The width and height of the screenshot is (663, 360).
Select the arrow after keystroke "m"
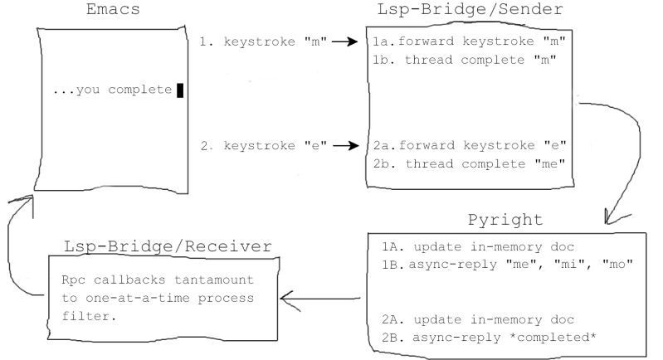tap(346, 42)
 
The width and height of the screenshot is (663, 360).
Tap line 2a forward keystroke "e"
tap(470, 146)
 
